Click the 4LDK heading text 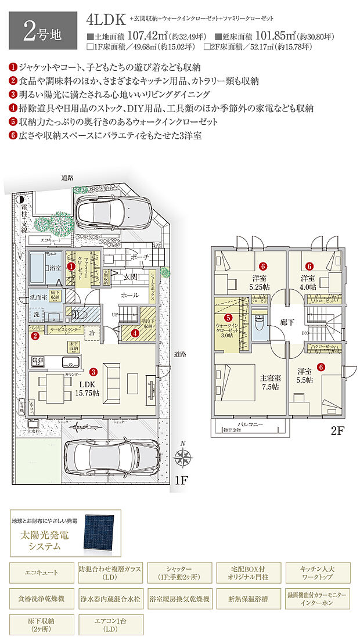click(x=106, y=19)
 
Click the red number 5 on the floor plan click(x=228, y=318)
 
